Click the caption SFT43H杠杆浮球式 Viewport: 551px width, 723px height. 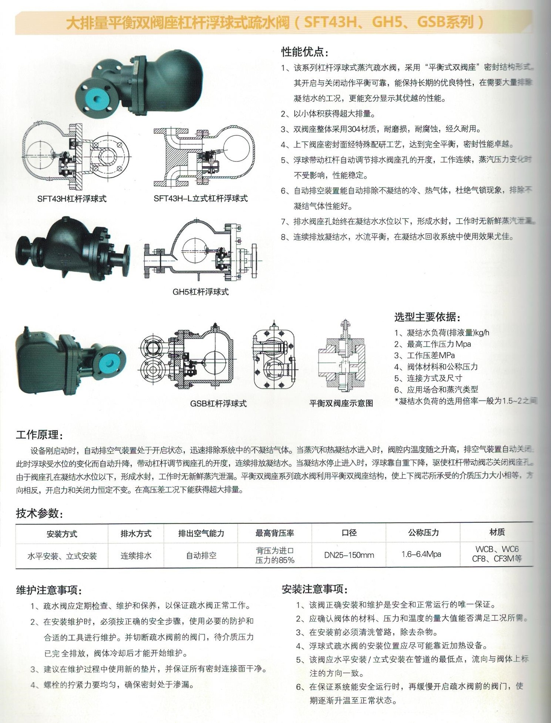tap(72, 198)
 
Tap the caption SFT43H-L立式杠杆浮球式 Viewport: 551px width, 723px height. tap(201, 198)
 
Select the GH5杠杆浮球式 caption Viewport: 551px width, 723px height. tap(201, 291)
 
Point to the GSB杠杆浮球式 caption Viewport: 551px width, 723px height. tap(218, 403)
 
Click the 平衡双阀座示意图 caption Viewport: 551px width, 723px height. tap(341, 403)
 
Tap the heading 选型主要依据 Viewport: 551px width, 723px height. tap(427, 317)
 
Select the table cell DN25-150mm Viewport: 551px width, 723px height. tap(349, 555)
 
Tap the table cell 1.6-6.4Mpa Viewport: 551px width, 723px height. tap(421, 554)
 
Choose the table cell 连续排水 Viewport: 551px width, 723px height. tap(136, 555)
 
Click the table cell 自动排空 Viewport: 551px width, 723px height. tap(201, 555)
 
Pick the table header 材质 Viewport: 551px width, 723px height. tap(497, 532)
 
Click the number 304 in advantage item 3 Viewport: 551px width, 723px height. tap(355, 129)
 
